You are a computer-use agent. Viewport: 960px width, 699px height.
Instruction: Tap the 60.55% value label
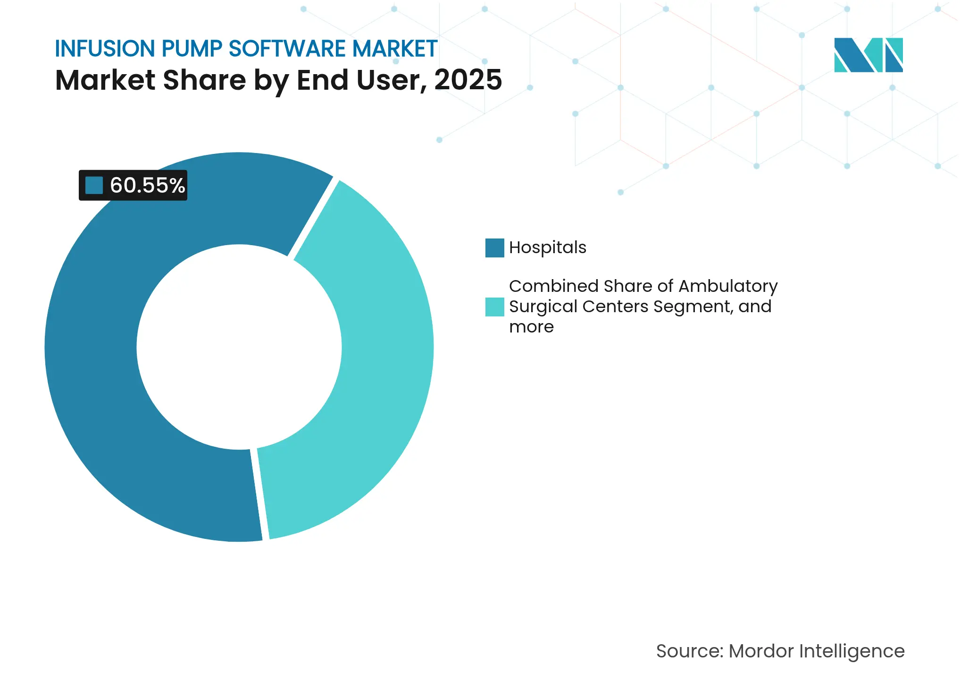147,185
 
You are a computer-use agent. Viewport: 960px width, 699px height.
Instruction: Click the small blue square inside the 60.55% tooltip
94,185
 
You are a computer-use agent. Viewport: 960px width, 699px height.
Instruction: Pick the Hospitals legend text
547,247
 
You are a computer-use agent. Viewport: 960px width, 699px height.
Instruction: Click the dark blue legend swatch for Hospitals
494,248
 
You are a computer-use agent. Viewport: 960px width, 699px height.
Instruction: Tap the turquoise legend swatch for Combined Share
494,307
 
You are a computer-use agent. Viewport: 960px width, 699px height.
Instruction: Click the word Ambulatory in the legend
727,286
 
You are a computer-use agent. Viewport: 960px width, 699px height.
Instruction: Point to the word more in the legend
531,327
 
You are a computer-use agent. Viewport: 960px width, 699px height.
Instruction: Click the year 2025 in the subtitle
468,80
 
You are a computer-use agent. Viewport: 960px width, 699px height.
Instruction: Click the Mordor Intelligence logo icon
868,55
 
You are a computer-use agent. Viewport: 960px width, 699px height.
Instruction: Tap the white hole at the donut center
239,347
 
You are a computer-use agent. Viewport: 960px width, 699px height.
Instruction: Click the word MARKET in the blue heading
394,49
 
